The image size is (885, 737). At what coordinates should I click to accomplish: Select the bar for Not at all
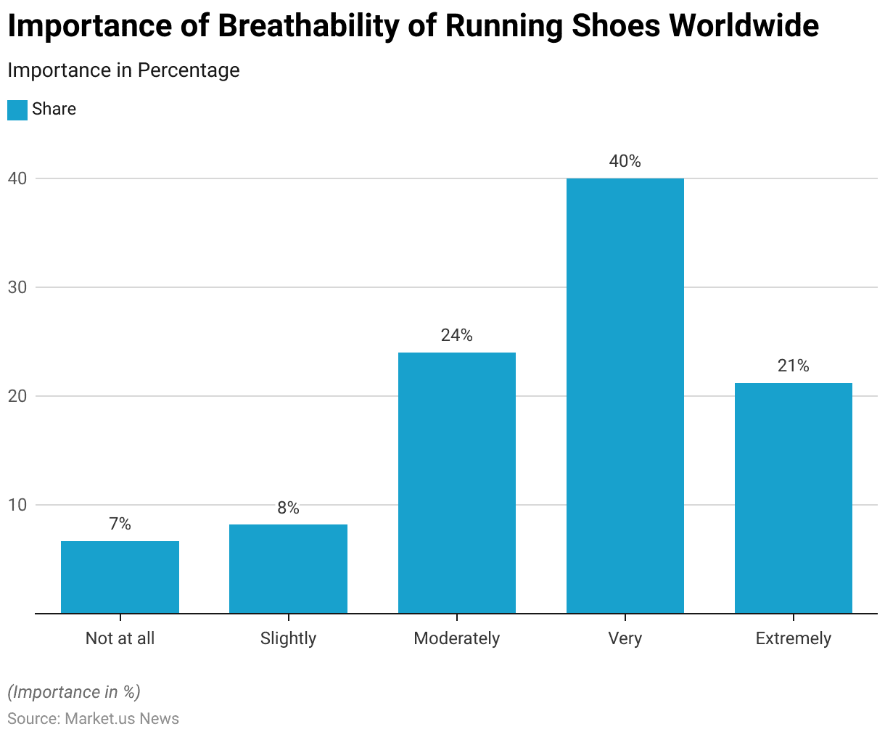(120, 577)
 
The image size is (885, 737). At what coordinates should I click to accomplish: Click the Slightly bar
(288, 569)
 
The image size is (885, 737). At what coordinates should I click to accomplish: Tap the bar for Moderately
(457, 482)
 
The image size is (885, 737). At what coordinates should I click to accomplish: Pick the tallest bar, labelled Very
(625, 395)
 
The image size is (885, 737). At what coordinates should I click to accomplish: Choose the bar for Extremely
(794, 498)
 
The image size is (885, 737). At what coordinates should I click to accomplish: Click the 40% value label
(625, 161)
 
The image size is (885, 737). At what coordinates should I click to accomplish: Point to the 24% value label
(457, 335)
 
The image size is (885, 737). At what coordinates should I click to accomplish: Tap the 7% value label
(120, 524)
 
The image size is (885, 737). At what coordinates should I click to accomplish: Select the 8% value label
(288, 508)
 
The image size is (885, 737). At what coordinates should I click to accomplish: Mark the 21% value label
(794, 366)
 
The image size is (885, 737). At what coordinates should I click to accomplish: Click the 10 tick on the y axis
(17, 505)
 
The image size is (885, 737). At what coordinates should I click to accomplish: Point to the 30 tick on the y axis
(17, 287)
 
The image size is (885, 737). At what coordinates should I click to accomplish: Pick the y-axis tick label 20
(17, 396)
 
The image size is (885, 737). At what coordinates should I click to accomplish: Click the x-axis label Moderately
(457, 638)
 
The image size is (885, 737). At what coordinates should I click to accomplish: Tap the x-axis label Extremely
(794, 638)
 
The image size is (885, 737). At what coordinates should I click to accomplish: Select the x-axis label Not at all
(120, 638)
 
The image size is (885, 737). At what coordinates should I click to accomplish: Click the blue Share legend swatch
(17, 110)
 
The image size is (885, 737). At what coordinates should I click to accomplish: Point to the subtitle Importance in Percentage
(123, 70)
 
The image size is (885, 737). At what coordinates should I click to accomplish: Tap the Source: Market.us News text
(93, 718)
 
